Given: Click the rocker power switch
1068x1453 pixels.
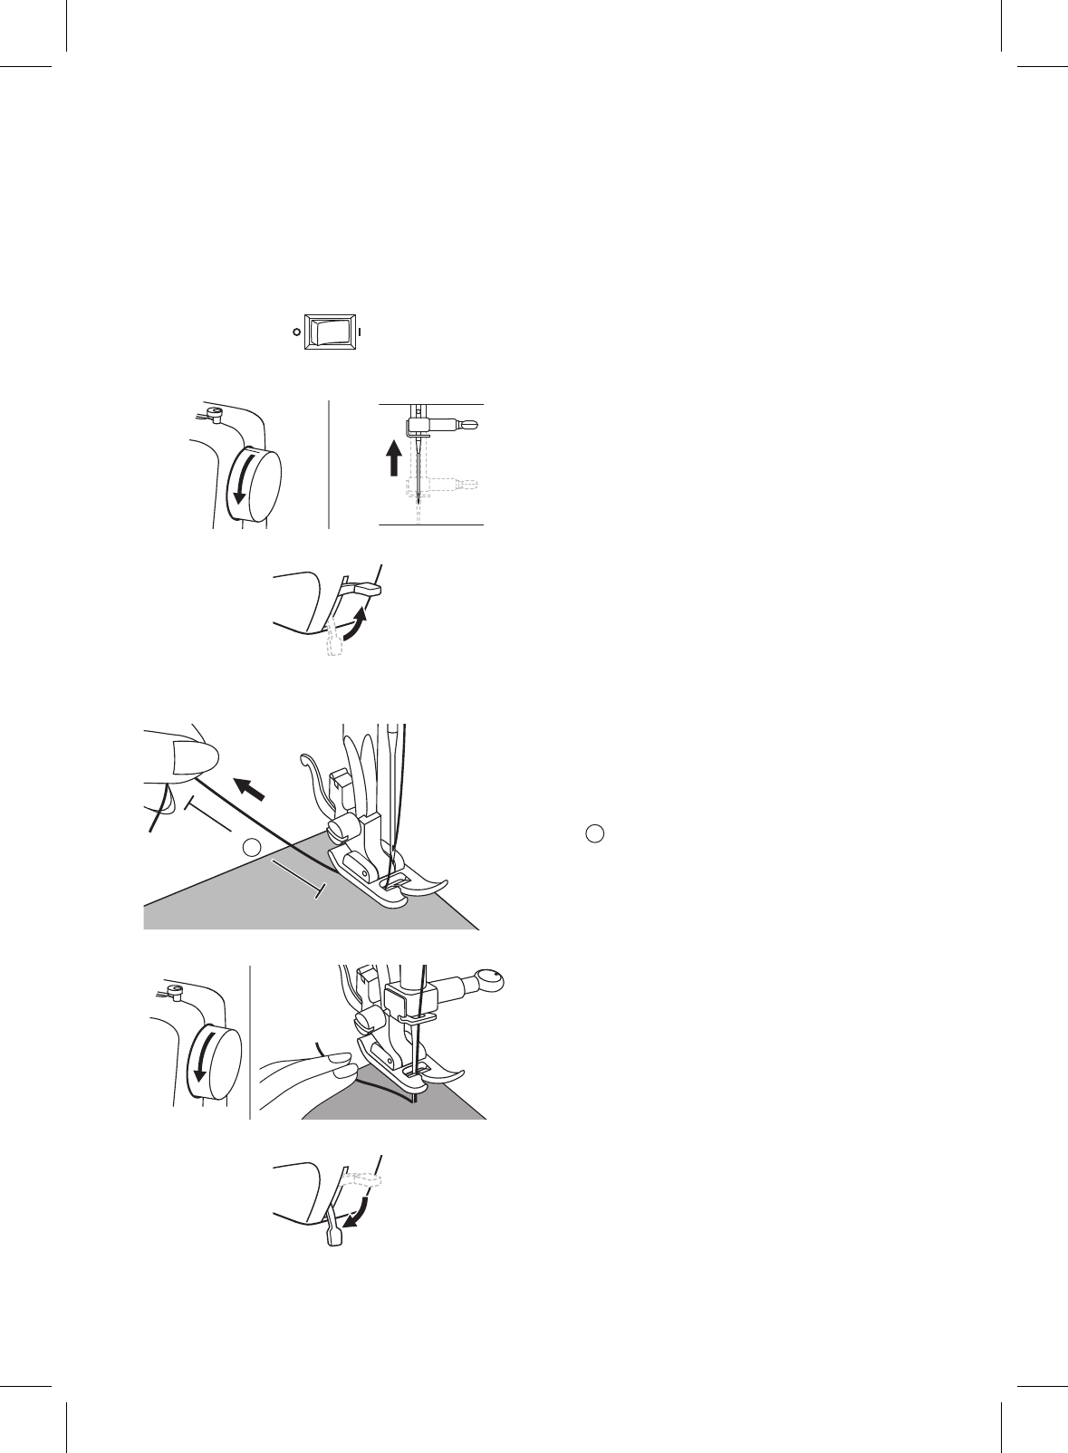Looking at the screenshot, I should (329, 332).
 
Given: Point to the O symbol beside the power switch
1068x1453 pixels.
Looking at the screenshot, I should (296, 332).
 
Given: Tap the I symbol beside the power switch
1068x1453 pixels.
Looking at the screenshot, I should (361, 332).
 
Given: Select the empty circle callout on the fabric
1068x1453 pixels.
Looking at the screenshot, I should (253, 847).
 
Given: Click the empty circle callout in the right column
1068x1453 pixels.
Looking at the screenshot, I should (593, 833).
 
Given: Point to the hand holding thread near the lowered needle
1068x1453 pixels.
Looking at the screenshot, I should (308, 1069).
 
